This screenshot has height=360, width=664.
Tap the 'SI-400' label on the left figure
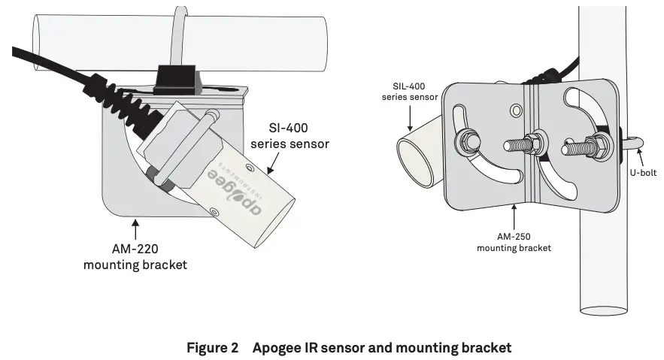[x=290, y=128]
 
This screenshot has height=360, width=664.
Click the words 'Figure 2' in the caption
[x=212, y=348]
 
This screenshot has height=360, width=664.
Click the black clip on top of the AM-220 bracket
[x=175, y=79]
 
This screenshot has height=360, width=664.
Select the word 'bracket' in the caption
[x=485, y=348]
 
